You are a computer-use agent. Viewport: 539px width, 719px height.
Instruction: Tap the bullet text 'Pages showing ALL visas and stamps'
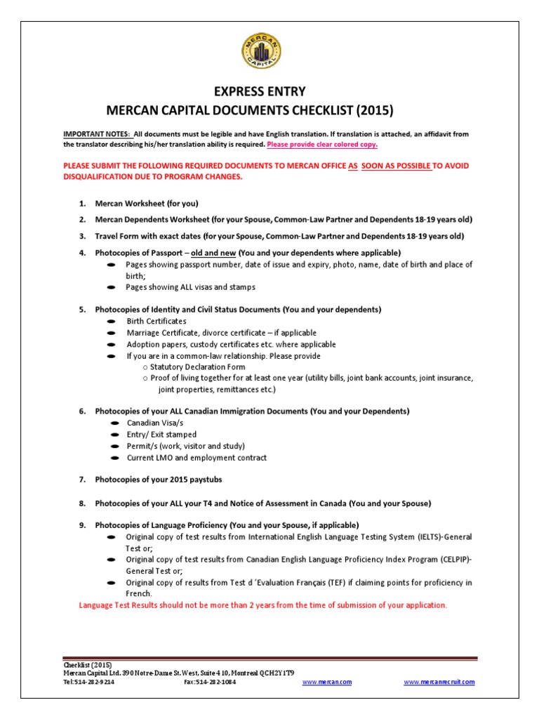point(190,287)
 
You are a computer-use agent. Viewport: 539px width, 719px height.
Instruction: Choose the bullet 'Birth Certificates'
point(157,321)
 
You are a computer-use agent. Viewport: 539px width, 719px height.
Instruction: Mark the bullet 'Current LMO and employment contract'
point(197,458)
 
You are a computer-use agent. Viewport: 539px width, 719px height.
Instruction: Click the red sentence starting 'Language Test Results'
point(262,605)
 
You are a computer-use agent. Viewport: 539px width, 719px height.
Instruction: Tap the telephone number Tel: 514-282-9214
point(89,682)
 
